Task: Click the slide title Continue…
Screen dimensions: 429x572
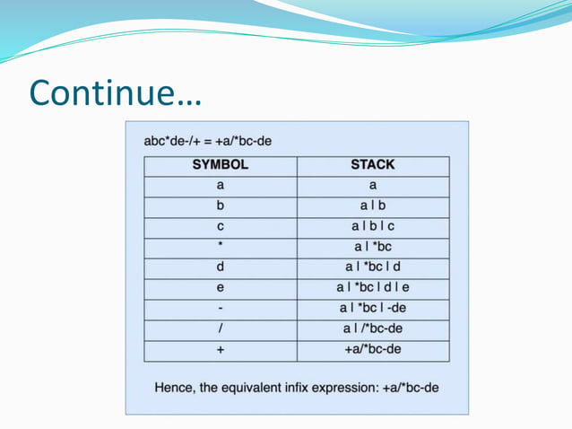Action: tap(116, 92)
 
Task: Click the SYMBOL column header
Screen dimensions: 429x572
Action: tap(220, 165)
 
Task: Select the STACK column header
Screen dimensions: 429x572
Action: tap(373, 165)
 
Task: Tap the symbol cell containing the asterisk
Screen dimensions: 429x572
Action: tap(220, 246)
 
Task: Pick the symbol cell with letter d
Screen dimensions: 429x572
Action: tap(220, 267)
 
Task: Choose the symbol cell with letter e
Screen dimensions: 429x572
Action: tap(220, 288)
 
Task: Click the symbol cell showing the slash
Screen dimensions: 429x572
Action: tap(220, 328)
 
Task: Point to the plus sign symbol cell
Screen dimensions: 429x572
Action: tap(220, 349)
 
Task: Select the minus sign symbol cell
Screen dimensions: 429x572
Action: tap(220, 309)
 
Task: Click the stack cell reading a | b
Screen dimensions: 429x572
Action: tap(373, 206)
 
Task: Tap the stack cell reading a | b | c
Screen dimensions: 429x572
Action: tap(373, 226)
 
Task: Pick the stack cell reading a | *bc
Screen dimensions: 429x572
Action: tap(373, 246)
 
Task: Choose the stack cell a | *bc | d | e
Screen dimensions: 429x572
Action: tap(373, 288)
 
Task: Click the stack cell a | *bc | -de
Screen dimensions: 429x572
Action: tap(373, 309)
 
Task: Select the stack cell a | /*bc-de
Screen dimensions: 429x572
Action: tap(373, 328)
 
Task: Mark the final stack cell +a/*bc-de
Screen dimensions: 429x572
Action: tap(373, 349)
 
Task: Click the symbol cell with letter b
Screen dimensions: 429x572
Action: tap(220, 206)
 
